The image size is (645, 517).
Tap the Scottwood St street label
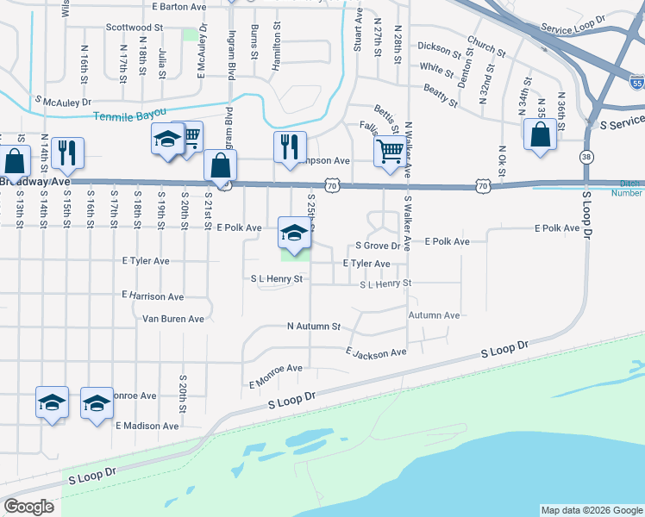(135, 28)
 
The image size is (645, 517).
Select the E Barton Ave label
(178, 6)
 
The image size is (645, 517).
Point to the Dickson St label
(436, 47)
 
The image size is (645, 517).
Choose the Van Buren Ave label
(173, 319)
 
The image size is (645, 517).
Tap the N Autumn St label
(314, 327)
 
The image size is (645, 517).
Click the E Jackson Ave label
(376, 353)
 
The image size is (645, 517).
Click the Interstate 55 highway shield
(636, 84)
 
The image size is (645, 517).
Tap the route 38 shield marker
(586, 157)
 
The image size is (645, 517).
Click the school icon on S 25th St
(294, 234)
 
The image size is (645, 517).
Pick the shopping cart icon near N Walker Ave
(390, 151)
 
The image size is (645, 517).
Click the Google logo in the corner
(28, 507)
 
